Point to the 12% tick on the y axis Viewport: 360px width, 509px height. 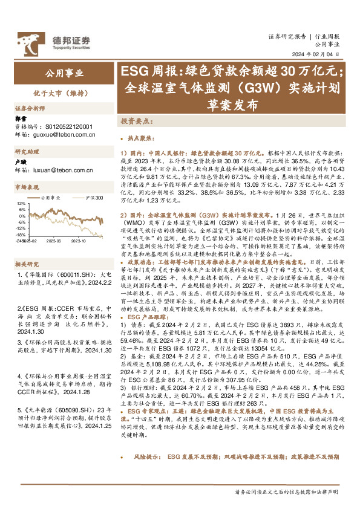click(x=21, y=204)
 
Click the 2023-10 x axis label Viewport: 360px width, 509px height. click(x=79, y=240)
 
